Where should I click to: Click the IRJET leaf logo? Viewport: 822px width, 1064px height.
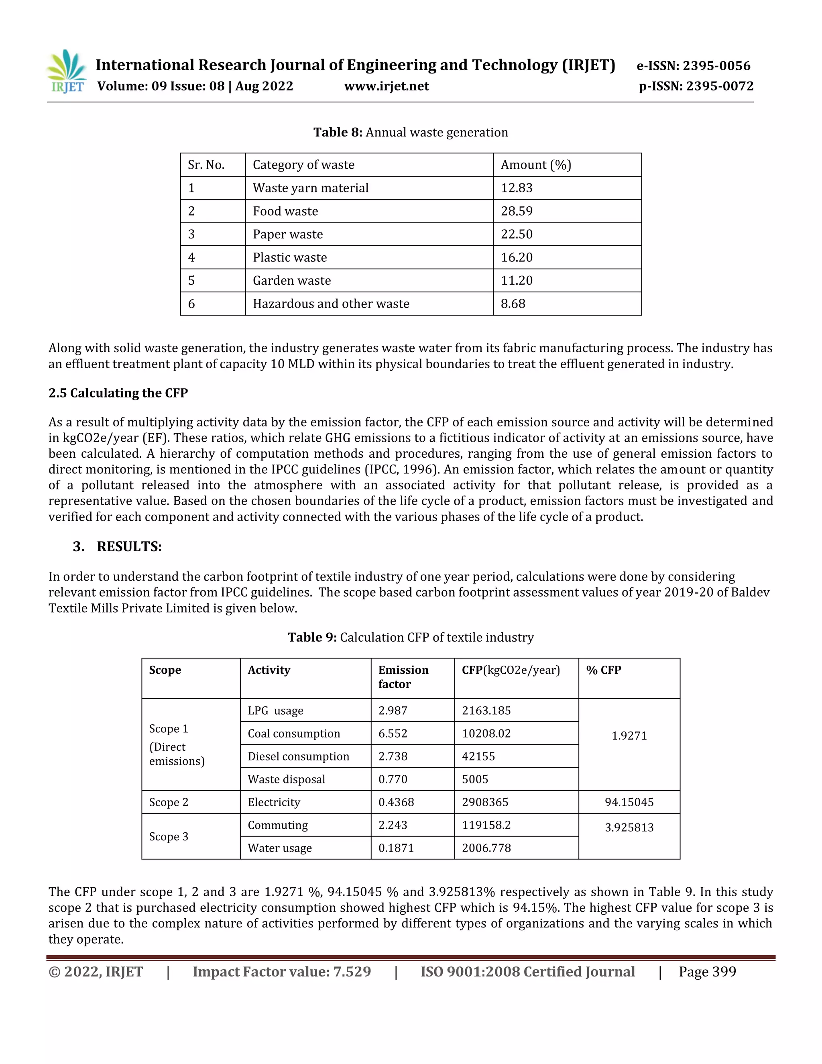click(67, 71)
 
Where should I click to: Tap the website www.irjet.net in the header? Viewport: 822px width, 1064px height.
click(386, 86)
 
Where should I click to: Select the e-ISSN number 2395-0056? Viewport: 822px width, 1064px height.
click(716, 66)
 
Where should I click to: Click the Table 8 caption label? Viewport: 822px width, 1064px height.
click(338, 132)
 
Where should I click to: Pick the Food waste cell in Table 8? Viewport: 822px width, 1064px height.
click(285, 211)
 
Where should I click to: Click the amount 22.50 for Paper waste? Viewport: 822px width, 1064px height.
click(517, 234)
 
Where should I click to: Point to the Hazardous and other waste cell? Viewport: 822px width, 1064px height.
click(331, 304)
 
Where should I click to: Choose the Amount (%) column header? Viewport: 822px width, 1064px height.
click(536, 165)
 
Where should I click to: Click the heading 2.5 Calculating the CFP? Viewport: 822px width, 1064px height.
click(118, 393)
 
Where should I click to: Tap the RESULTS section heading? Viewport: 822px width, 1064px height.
click(129, 546)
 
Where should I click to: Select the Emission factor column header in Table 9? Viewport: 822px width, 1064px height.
click(403, 677)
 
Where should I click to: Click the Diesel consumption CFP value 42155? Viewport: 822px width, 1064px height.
click(478, 756)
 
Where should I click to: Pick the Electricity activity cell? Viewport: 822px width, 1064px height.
click(274, 802)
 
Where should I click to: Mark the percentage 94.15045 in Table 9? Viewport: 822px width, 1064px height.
click(629, 802)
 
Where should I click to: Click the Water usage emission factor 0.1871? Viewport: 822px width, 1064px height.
click(396, 848)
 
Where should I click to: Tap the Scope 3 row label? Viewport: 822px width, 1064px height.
click(169, 836)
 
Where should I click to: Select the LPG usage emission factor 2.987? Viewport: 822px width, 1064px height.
click(393, 710)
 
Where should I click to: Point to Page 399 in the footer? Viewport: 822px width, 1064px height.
click(707, 972)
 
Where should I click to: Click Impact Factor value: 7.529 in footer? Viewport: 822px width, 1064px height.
click(281, 972)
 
